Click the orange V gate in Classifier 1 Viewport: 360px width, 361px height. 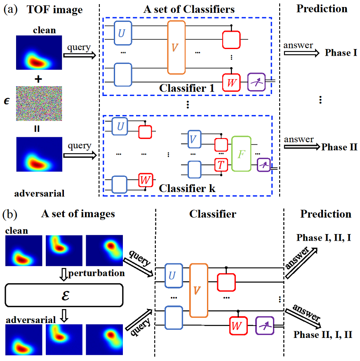(176, 47)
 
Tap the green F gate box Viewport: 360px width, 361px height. (241, 154)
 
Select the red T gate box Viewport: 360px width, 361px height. (221, 165)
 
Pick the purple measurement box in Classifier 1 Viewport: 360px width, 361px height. (256, 82)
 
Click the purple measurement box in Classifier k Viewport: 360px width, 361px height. (264, 165)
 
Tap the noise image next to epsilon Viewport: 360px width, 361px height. (39, 103)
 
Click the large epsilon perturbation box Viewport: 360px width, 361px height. (64, 295)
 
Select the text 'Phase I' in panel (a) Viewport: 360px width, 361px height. (341, 53)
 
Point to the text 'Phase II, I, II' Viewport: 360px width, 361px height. (323, 335)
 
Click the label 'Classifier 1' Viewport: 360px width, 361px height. (186, 88)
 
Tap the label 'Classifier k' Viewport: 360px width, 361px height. (187, 188)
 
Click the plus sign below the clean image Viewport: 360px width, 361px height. (38, 79)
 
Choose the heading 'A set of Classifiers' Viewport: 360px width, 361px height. (189, 9)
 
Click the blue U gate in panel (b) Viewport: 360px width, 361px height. (174, 276)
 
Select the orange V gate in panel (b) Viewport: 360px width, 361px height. (198, 291)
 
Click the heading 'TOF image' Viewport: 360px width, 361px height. (54, 9)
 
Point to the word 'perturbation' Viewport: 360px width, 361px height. (96, 273)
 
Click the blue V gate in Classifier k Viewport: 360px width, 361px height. (194, 139)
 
